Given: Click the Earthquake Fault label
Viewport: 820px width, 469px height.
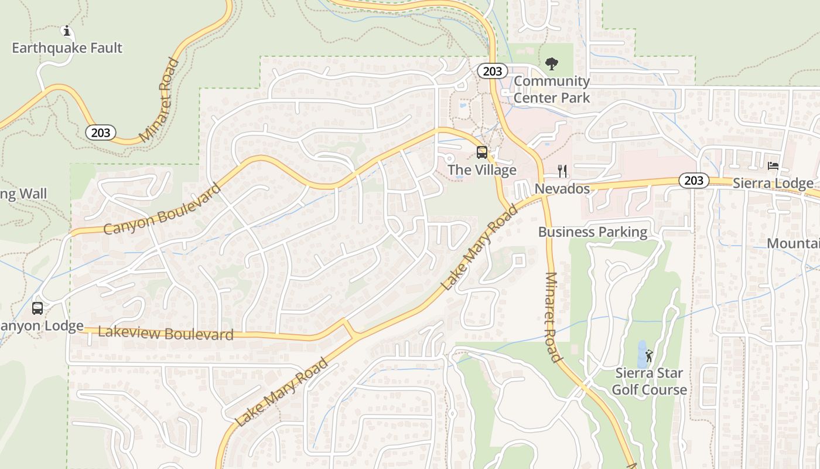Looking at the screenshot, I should [67, 47].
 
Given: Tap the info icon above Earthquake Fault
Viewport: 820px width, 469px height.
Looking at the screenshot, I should [67, 30].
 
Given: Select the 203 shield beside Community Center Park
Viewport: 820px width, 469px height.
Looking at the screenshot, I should [492, 71].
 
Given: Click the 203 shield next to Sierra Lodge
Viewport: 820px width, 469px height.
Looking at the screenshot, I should [693, 180].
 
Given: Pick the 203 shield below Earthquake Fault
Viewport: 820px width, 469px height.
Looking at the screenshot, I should [100, 132].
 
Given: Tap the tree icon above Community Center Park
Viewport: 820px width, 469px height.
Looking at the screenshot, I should [551, 63].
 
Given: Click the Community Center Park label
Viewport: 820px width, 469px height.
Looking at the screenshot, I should [552, 89].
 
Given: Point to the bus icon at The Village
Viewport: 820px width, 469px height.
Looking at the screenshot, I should [482, 152].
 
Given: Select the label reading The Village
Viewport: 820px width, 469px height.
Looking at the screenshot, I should [482, 170].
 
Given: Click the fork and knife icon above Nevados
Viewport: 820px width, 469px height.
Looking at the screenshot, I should [562, 171].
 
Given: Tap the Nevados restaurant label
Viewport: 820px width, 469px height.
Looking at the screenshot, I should [562, 189].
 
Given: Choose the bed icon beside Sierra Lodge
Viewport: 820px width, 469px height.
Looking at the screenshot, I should [773, 166].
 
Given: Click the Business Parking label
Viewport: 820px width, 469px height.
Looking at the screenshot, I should [593, 232].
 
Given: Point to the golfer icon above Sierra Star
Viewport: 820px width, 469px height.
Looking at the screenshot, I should [649, 355].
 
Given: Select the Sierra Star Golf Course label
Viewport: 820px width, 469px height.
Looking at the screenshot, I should [649, 381].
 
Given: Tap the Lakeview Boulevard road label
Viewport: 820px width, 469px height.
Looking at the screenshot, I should [166, 334].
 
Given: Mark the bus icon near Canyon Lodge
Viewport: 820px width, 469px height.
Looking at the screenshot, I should [37, 308].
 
